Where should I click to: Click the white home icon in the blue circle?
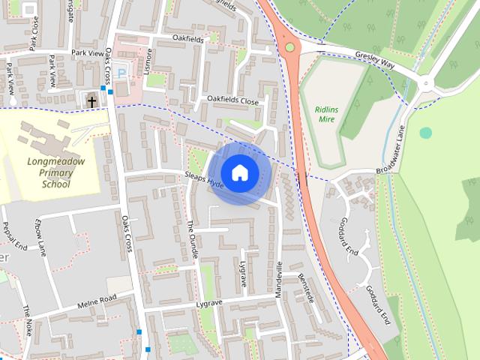[239, 172]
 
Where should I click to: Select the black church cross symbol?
[91, 101]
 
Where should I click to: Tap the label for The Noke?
[28, 321]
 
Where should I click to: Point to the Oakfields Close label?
[232, 100]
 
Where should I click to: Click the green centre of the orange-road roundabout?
[289, 47]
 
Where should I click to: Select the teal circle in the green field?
[426, 133]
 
